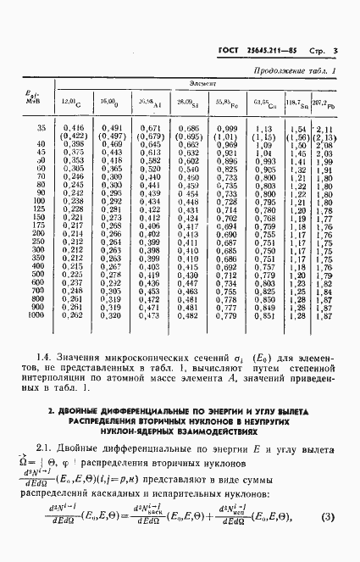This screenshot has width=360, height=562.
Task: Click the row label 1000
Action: pos(35,315)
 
